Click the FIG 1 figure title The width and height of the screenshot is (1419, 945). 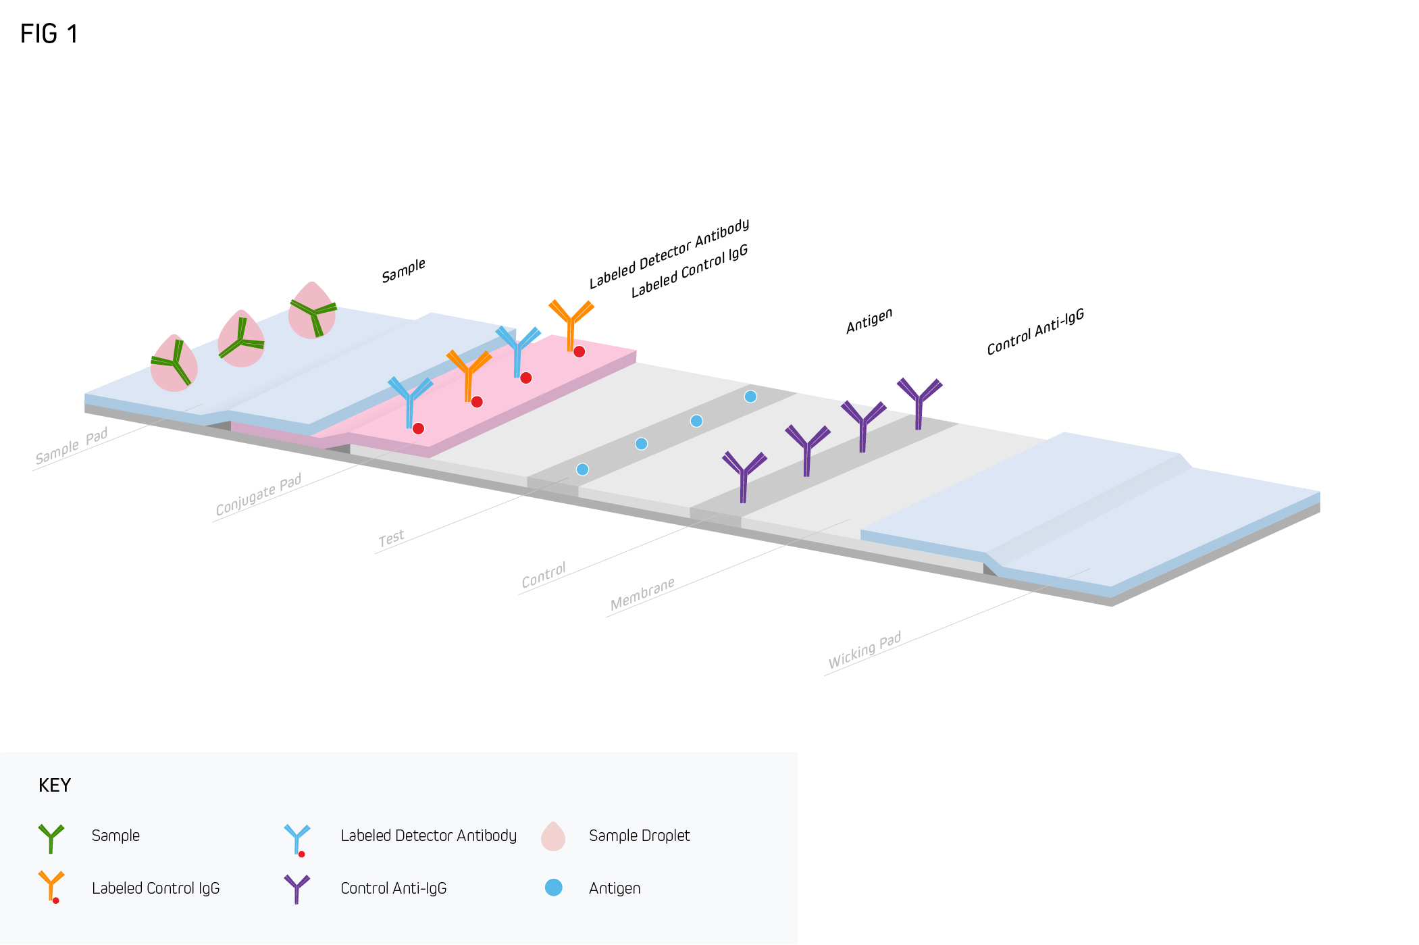tap(49, 34)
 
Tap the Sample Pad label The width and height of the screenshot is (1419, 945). tap(72, 446)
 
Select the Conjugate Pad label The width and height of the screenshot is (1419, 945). tap(259, 494)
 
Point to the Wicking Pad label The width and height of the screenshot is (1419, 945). tap(865, 650)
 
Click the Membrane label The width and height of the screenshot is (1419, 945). tap(642, 594)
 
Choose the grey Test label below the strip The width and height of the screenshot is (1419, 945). tap(392, 538)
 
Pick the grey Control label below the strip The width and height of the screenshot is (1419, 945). tap(544, 575)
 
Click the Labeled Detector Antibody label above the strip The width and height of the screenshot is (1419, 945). tap(669, 253)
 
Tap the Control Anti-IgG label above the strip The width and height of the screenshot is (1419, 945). tap(1035, 332)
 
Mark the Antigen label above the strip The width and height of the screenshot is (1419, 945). tap(869, 320)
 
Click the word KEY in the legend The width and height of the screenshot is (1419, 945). tap(55, 785)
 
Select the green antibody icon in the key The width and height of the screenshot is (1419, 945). tap(51, 838)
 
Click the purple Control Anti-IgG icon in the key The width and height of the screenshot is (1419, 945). tap(296, 888)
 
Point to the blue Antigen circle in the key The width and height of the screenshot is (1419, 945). tap(554, 888)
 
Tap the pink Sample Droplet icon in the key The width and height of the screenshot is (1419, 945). tap(553, 836)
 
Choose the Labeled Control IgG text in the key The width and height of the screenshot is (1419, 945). tap(156, 888)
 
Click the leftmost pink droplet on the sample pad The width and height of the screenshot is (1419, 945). tap(174, 365)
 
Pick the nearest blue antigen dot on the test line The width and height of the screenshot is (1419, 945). tap(582, 469)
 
